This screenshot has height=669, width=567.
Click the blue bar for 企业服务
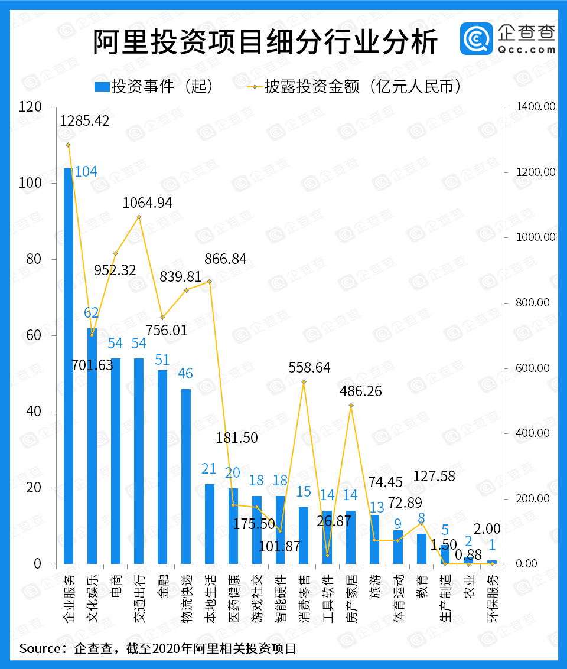pos(69,366)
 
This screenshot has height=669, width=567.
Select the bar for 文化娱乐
pos(92,446)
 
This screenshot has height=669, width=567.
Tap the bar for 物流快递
pos(186,476)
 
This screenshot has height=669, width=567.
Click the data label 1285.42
pos(85,120)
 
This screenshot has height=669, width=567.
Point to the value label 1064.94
pos(148,203)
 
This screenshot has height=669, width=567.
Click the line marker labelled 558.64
pos(304,382)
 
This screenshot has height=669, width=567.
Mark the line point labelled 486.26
pos(351,406)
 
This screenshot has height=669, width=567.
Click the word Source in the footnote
pos(40,649)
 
